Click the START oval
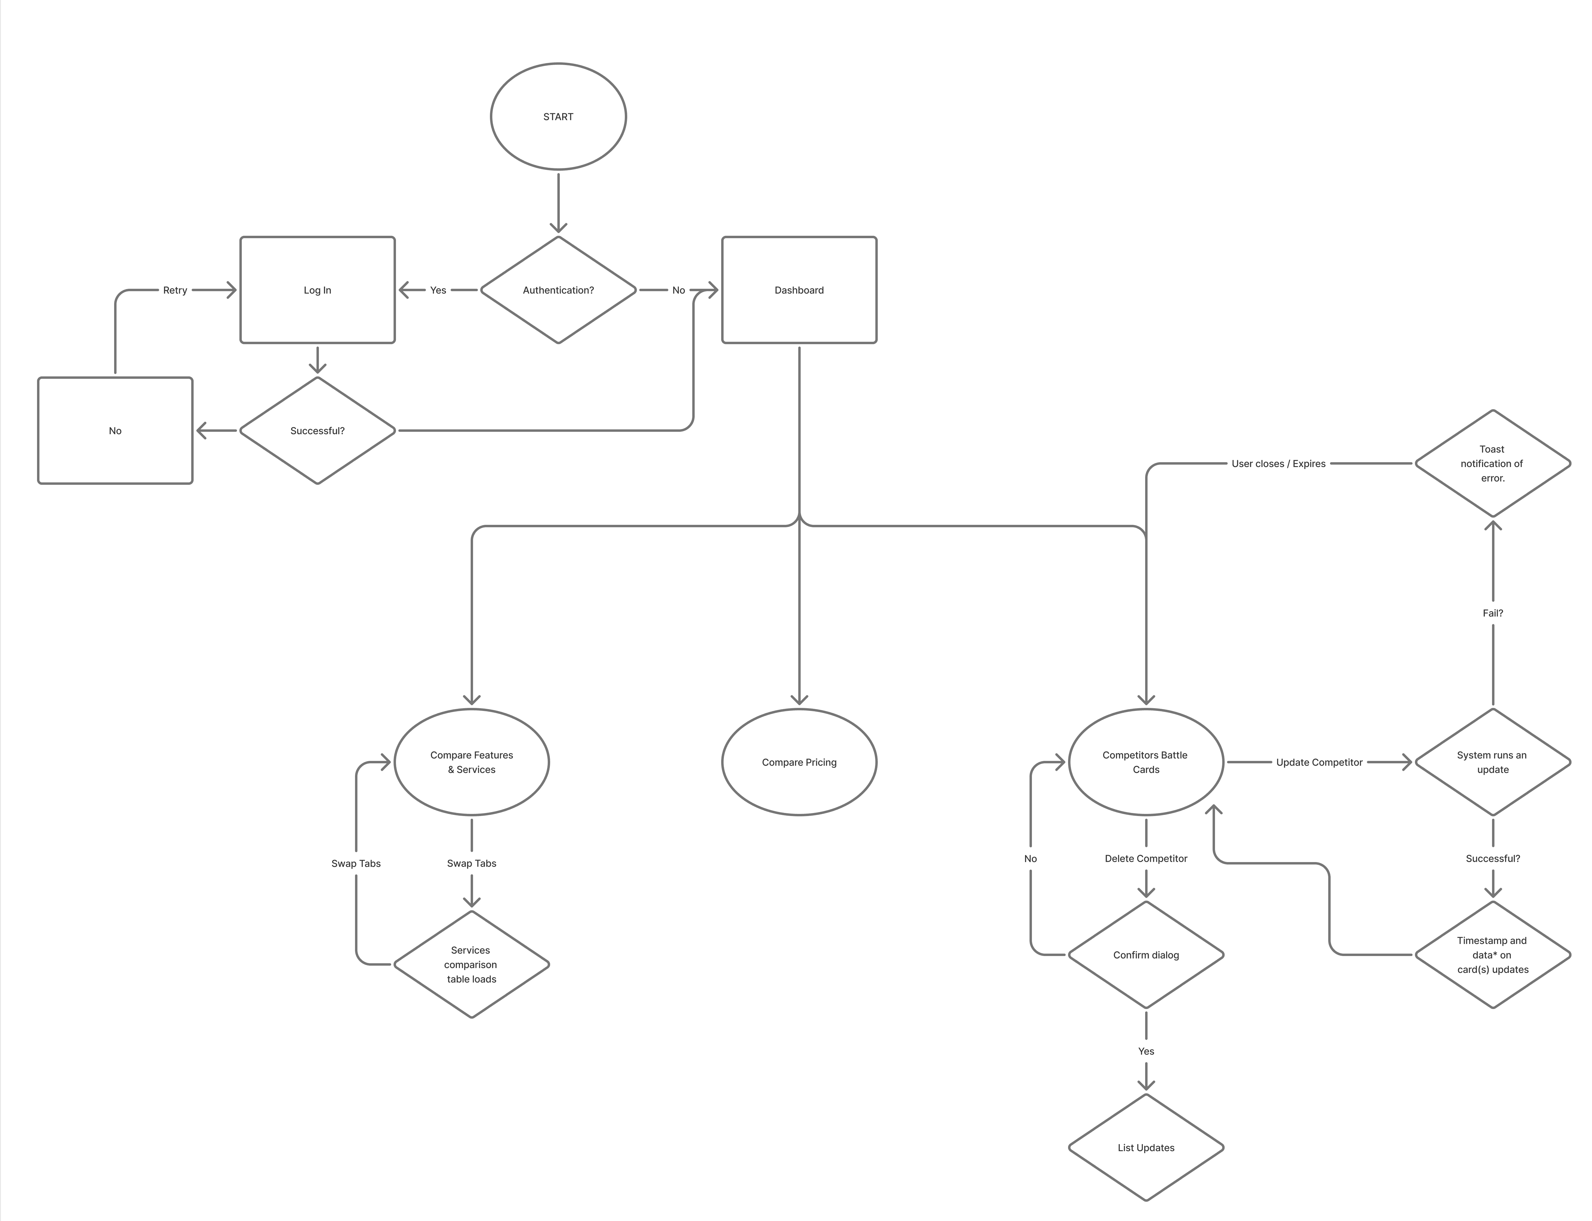[558, 116]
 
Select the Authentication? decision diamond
[558, 290]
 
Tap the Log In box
[318, 290]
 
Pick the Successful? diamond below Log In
[318, 430]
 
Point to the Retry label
[175, 290]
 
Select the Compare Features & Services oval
[472, 762]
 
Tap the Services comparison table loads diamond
[472, 964]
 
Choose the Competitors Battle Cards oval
[1146, 762]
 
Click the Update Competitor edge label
[1319, 762]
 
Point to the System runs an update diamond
[1492, 762]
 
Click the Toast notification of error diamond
[1492, 463]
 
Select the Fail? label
[1492, 613]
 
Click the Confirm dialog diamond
[1146, 954]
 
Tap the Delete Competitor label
[1146, 858]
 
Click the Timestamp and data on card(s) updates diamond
[1492, 954]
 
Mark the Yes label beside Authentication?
[438, 290]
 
